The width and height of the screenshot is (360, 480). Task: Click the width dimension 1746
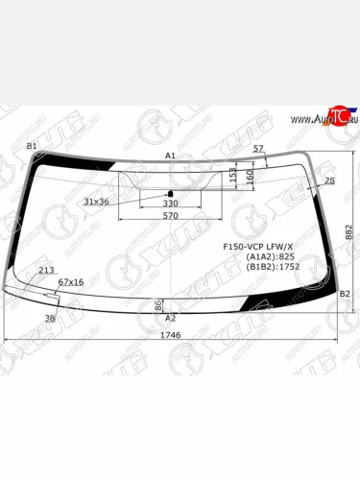[x=170, y=335]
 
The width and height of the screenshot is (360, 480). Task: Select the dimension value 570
[x=170, y=216]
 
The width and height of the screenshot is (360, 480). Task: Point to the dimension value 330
[x=170, y=204]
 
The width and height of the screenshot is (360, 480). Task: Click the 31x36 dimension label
[x=96, y=202]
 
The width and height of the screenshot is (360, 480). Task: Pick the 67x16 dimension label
[x=72, y=282]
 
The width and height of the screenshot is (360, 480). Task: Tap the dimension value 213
[x=46, y=271]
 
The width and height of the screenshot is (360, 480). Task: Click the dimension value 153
[x=233, y=176]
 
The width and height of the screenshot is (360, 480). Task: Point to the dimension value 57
[x=258, y=148]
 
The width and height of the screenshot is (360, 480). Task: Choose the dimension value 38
[x=50, y=317]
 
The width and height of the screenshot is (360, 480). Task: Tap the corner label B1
[x=32, y=146]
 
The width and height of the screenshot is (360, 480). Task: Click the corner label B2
[x=347, y=294]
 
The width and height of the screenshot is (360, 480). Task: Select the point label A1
[x=170, y=155]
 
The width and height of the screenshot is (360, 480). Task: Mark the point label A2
[x=171, y=317]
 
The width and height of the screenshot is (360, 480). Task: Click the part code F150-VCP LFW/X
[x=254, y=246]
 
